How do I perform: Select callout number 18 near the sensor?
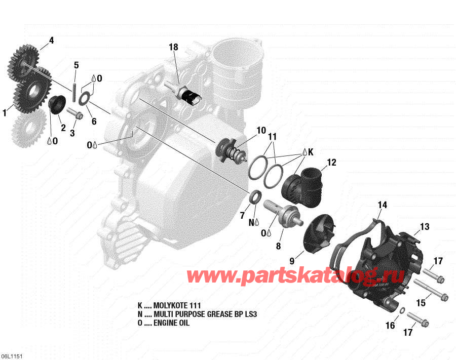(173, 47)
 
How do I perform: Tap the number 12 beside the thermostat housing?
(331, 163)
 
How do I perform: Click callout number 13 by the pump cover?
(424, 226)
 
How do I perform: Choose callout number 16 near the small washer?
(390, 326)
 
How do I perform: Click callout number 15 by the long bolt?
(421, 303)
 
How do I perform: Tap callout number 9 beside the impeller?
(292, 261)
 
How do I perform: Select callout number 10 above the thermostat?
(261, 131)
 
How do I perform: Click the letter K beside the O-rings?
(311, 151)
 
